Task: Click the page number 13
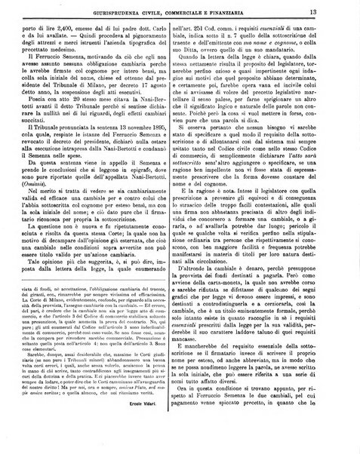click(333, 10)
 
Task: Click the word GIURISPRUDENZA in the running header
click(109, 11)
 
